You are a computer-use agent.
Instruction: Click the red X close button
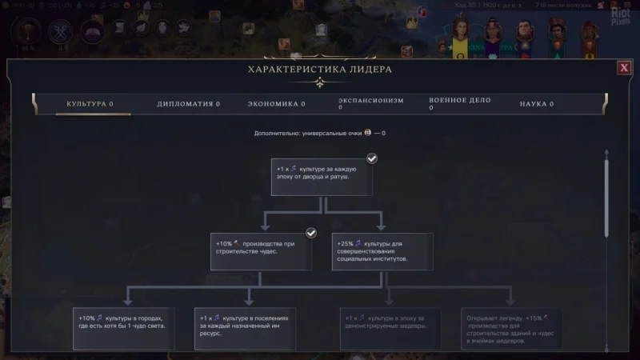coord(624,68)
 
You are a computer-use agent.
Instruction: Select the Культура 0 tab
coord(89,104)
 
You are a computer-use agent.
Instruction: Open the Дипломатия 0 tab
coord(188,104)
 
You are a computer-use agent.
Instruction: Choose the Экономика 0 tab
coord(276,104)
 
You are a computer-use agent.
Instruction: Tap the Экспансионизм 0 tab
coord(370,103)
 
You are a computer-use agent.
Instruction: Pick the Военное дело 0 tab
coord(459,103)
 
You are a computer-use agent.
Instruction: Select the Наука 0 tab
coord(537,104)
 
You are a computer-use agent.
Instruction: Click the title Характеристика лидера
coord(320,70)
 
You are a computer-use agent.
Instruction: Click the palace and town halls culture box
coord(322,177)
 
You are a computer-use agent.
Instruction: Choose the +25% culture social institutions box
coord(382,251)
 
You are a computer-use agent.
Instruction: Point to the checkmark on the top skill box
coord(371,158)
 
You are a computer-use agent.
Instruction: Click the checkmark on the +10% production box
coord(311,233)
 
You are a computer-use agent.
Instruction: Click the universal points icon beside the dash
coord(368,133)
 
